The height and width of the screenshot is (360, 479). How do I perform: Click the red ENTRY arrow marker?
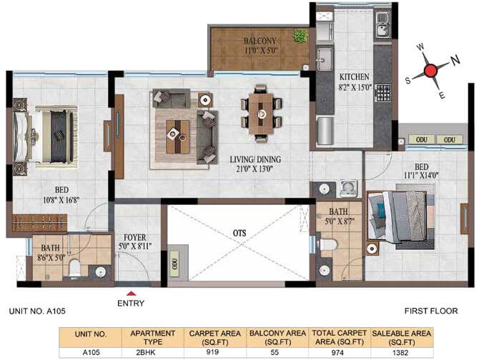tap(129, 292)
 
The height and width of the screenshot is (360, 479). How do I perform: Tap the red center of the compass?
tap(430, 70)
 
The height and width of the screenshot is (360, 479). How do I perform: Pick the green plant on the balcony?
tap(300, 36)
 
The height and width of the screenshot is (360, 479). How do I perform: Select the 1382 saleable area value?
tap(400, 352)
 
